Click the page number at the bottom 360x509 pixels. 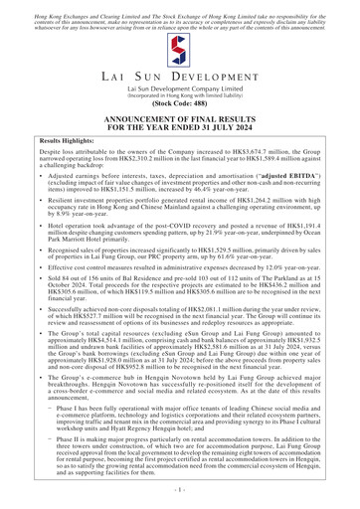180,490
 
